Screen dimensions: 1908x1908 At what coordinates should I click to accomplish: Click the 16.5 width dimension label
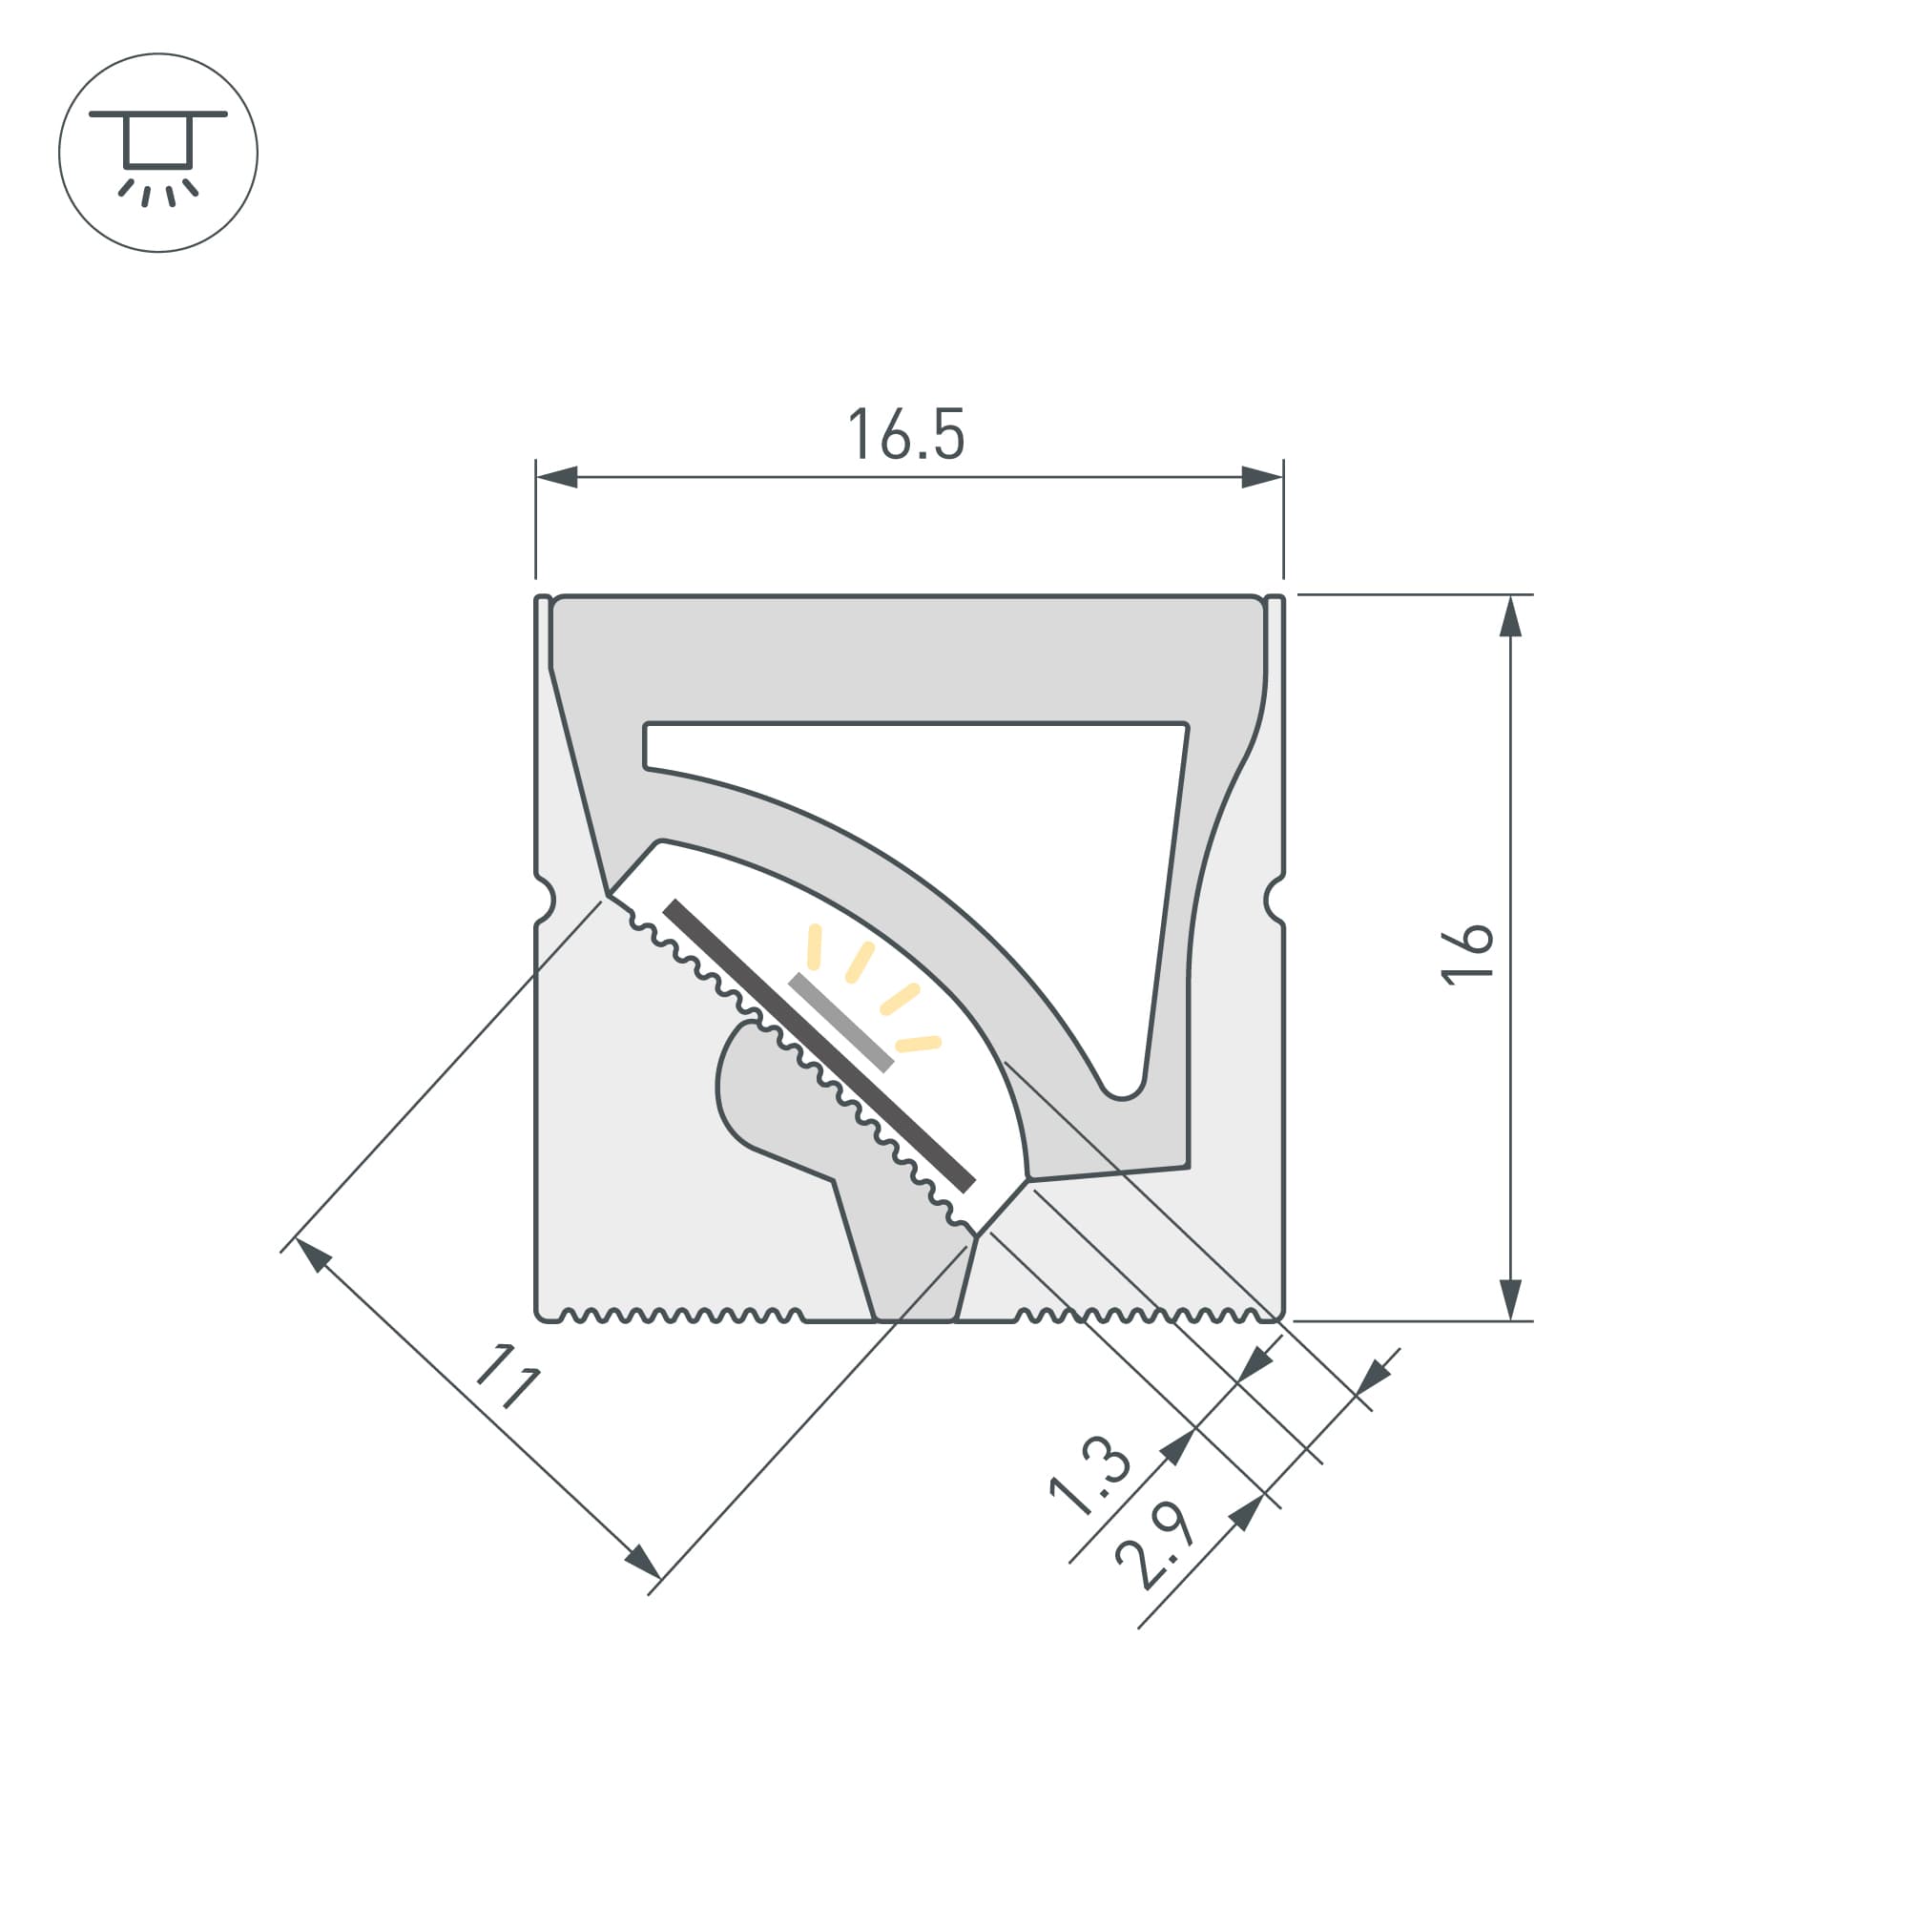[905, 434]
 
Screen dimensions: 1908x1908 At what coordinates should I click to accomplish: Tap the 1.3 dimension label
[1089, 1476]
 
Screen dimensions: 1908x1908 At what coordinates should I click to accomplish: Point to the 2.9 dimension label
[1154, 1547]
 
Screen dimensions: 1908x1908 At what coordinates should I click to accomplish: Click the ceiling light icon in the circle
[158, 153]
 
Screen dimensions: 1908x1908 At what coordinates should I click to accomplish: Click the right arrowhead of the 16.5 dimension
[1262, 477]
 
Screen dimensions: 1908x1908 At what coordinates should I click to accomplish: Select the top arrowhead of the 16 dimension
[1510, 616]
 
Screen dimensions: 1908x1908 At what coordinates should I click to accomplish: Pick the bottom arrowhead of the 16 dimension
[1510, 1299]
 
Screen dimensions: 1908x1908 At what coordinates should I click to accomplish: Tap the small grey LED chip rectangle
[840, 1022]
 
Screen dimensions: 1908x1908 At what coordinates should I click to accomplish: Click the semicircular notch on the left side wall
[545, 900]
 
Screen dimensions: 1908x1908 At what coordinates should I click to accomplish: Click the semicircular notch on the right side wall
[1274, 900]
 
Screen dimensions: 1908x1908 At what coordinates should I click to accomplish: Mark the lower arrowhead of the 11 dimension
[642, 1562]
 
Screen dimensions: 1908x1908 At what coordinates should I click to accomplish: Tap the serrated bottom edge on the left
[681, 1316]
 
